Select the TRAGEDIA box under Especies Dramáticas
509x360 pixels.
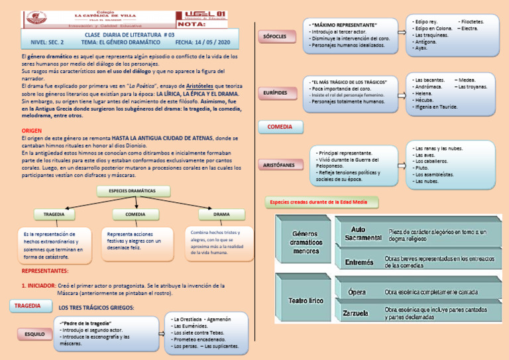(54, 215)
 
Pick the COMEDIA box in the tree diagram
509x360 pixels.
(135, 215)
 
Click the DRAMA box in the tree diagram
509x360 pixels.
(221, 215)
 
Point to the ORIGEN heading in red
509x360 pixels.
(32, 131)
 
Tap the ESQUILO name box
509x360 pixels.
(35, 334)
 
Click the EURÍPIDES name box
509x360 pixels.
(280, 93)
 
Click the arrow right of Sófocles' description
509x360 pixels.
(402, 32)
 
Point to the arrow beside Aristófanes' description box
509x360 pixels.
(402, 164)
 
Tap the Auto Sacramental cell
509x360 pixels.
(363, 233)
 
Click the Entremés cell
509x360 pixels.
(359, 262)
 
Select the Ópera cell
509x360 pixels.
(357, 292)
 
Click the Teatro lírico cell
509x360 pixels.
(306, 302)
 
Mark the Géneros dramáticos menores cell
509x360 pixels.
(306, 242)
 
